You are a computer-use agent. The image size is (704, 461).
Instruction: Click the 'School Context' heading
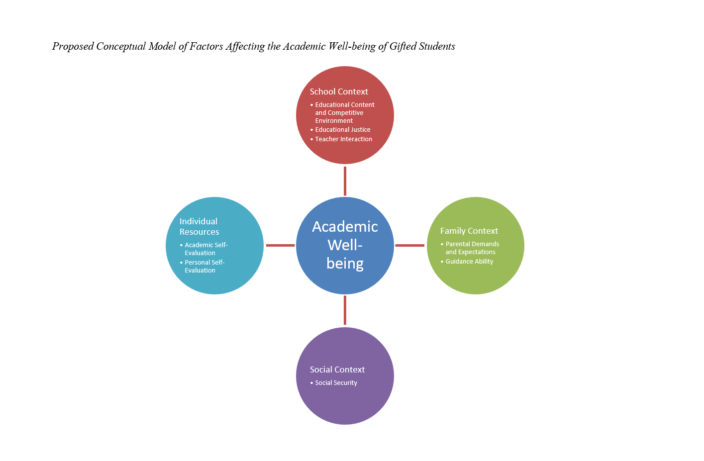click(x=339, y=92)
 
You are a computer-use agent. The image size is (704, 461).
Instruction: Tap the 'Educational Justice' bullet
click(x=342, y=130)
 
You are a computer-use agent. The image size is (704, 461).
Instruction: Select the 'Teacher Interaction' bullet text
click(x=343, y=139)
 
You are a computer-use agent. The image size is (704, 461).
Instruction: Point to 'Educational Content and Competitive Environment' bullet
click(x=344, y=112)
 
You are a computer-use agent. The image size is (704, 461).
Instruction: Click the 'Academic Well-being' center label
click(x=345, y=245)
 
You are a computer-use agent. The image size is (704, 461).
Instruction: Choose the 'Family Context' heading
click(x=469, y=231)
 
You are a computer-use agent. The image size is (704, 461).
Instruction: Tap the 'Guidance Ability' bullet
click(x=469, y=262)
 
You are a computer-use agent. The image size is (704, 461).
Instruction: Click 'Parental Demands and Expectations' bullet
click(x=472, y=248)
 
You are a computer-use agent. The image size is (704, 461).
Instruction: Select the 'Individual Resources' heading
click(x=199, y=227)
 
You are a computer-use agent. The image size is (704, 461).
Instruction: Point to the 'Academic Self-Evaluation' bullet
click(x=205, y=249)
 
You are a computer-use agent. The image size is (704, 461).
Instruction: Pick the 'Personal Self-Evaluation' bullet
click(x=204, y=267)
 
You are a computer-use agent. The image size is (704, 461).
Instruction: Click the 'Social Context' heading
click(x=337, y=369)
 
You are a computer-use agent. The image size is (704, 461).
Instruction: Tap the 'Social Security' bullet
click(x=336, y=383)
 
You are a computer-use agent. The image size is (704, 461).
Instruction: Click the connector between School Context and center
click(x=345, y=181)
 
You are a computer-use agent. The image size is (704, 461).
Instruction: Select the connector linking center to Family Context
click(x=410, y=245)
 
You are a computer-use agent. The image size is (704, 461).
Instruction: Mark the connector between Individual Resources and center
click(x=280, y=245)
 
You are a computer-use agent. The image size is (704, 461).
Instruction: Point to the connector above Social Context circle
click(x=345, y=310)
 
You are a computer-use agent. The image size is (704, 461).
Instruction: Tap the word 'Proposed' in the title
click(x=73, y=46)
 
